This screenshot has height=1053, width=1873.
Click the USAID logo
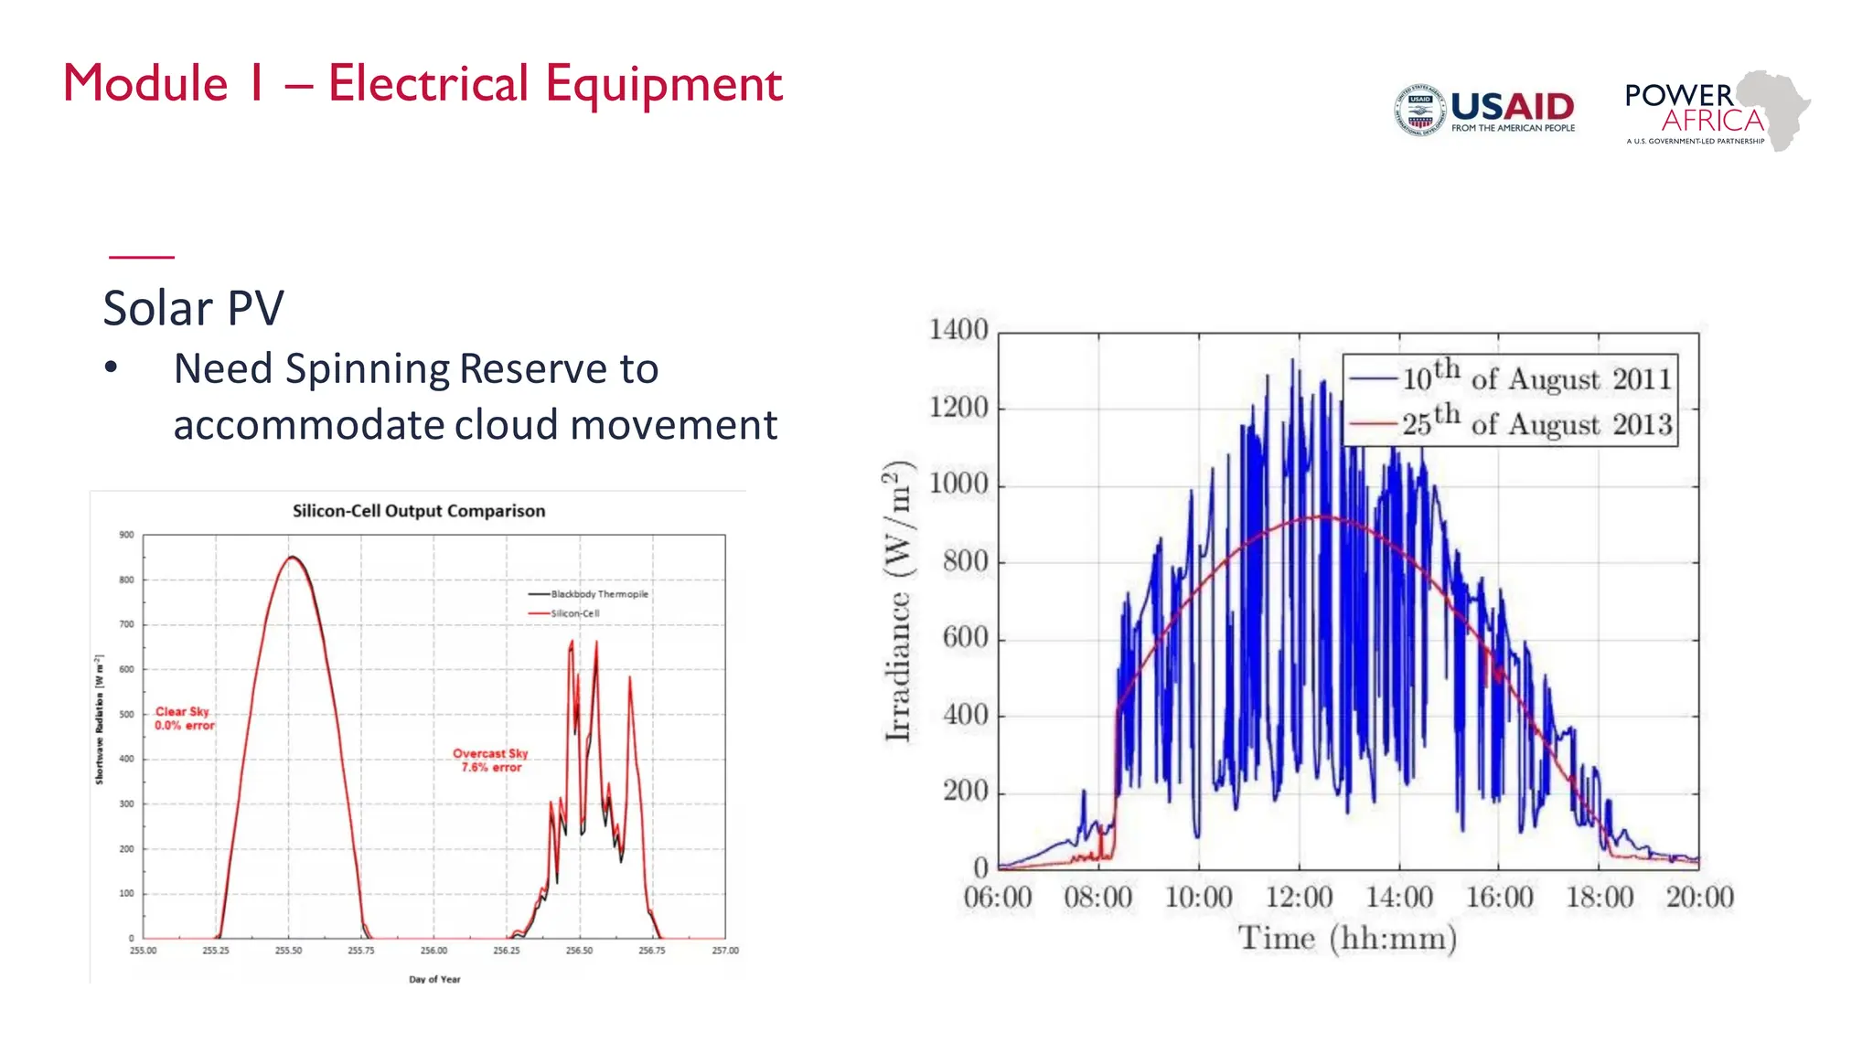coord(1484,110)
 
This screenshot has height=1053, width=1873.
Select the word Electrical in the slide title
coord(428,84)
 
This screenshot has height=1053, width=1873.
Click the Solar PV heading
coord(193,308)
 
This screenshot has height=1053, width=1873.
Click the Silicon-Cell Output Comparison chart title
coord(419,511)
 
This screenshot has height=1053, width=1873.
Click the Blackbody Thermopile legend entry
coord(598,594)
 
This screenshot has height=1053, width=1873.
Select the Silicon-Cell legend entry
coord(574,613)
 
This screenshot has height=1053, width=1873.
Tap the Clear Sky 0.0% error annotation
coord(184,718)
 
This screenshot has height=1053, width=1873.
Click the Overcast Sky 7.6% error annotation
coord(491,760)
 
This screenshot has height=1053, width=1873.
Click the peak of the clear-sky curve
coord(292,557)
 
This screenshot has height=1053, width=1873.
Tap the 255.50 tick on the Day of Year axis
coord(288,951)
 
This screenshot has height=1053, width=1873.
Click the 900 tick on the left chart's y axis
coord(126,535)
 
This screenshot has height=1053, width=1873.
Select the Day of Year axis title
coord(434,979)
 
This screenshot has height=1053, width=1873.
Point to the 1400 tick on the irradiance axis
coord(958,330)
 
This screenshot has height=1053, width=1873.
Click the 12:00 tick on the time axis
coord(1299,898)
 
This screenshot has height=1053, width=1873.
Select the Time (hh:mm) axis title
coord(1347,939)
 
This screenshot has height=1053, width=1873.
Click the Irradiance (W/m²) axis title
coord(899,601)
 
